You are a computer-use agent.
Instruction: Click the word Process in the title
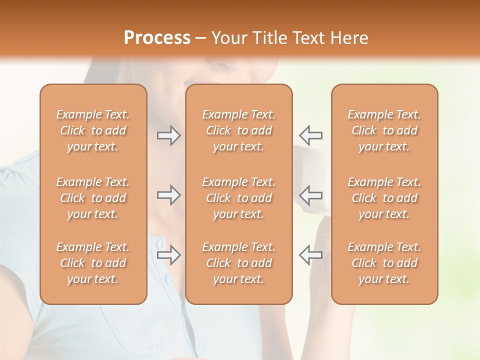point(157,38)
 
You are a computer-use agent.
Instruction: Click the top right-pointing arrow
point(168,135)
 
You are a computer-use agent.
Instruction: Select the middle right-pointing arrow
point(168,194)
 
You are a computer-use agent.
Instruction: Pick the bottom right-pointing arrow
point(168,254)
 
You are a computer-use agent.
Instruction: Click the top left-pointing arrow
point(310,135)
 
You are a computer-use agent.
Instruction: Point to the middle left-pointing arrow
point(310,194)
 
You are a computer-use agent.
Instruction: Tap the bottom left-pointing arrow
point(310,254)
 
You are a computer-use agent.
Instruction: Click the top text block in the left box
point(93,130)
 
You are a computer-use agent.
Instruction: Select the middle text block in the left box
point(93,198)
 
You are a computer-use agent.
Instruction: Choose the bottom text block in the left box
point(93,263)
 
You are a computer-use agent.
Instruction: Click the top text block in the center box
point(238,130)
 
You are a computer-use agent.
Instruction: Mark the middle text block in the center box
point(238,198)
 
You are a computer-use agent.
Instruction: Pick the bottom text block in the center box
point(238,263)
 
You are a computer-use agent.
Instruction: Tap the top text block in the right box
point(384,130)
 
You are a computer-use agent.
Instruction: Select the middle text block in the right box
point(384,198)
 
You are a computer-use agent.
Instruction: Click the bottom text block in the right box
point(384,263)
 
